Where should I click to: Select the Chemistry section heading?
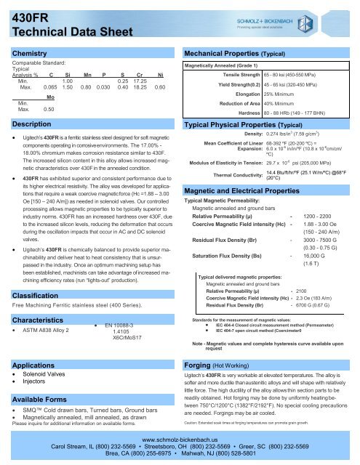pyautogui.click(x=30, y=54)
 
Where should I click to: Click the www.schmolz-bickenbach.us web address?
pyautogui.click(x=180, y=440)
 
